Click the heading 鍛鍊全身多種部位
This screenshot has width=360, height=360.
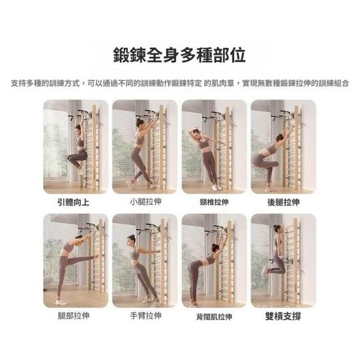click(179, 55)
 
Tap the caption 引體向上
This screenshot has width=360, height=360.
click(73, 202)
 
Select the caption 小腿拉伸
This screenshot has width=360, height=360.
click(146, 202)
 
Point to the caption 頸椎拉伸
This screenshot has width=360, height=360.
click(214, 202)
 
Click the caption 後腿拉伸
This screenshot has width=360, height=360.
click(283, 202)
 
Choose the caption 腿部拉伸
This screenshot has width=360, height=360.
click(73, 316)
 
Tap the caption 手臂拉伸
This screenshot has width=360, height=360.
click(146, 316)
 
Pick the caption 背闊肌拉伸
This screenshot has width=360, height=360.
click(214, 317)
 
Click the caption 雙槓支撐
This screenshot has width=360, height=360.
click(283, 316)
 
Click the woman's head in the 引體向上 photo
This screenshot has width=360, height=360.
click(78, 129)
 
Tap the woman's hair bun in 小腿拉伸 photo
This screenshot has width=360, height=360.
click(138, 120)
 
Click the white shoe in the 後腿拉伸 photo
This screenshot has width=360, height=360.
click(269, 190)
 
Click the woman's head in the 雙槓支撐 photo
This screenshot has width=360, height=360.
click(277, 229)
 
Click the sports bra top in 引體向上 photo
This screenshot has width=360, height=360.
click(80, 142)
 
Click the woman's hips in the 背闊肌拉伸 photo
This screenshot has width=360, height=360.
click(194, 266)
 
